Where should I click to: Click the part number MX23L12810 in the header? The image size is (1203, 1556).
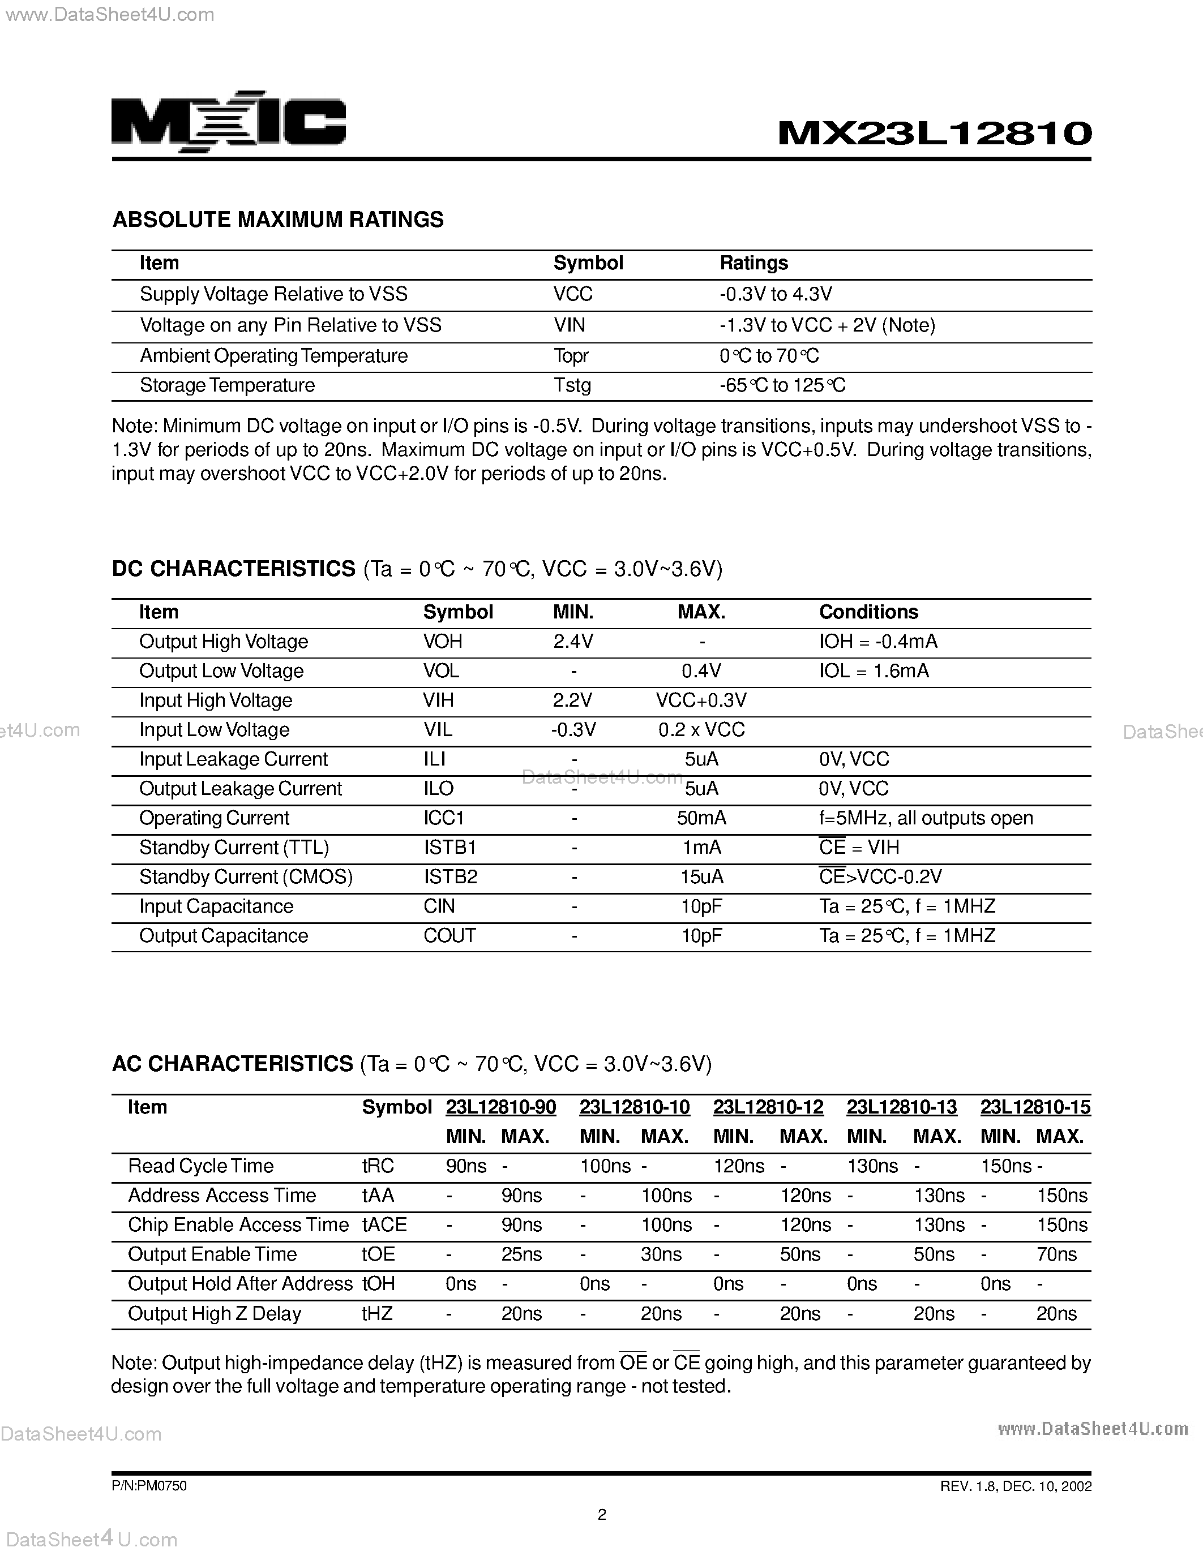(x=934, y=132)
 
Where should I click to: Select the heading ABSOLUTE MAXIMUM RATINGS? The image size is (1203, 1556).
(x=278, y=220)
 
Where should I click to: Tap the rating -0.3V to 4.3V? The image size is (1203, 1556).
(x=776, y=294)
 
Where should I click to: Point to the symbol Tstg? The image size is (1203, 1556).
(x=572, y=385)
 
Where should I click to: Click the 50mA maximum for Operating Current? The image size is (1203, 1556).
(x=701, y=818)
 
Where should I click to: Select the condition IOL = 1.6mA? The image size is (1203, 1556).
(x=874, y=671)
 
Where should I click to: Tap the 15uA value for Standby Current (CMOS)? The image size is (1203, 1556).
(x=701, y=877)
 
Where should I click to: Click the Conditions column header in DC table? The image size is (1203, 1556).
(x=868, y=612)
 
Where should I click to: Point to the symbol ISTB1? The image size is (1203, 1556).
(x=449, y=847)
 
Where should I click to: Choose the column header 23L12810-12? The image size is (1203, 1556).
(x=768, y=1107)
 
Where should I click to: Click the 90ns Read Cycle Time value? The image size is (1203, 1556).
(x=466, y=1166)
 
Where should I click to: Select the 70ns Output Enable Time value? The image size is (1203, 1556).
(x=1056, y=1254)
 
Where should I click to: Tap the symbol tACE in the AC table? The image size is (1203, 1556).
(x=384, y=1224)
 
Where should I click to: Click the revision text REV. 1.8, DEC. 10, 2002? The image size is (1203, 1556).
(x=1016, y=1486)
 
